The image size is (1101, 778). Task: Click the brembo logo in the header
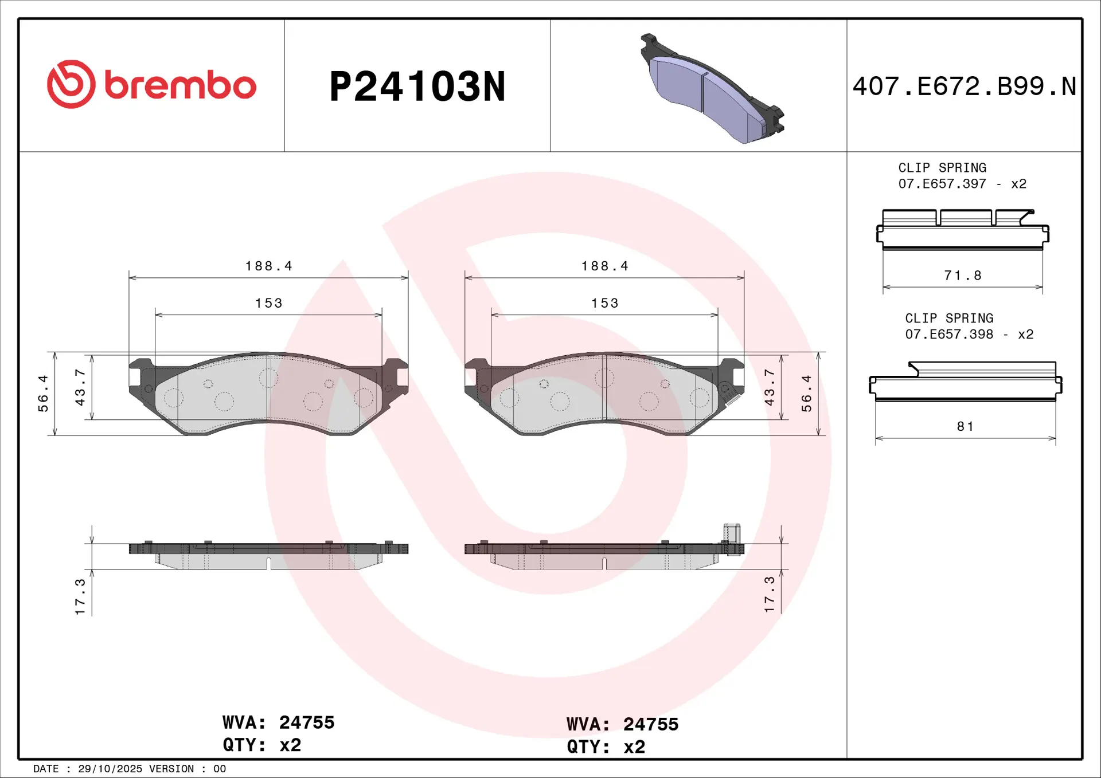coord(151,84)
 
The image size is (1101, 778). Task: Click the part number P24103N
coord(417,87)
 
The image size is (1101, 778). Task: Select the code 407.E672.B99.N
coord(964,87)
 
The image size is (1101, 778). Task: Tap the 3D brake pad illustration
coord(712,88)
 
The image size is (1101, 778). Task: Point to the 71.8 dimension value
coord(963,276)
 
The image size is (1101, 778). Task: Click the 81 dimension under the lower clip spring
coord(965,426)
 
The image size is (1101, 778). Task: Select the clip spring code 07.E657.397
coord(942,184)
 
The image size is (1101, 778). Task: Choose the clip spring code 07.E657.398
coord(949,335)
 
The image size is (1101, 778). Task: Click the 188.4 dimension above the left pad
coord(269,266)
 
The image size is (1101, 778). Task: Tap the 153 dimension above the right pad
coord(605,303)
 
